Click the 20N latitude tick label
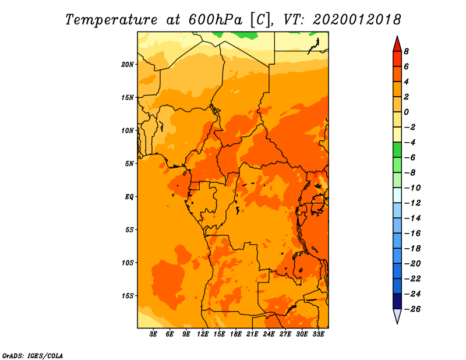point(128,65)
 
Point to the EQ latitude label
point(129,197)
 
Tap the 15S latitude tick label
point(128,296)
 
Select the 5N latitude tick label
point(129,164)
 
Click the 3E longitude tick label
point(153,334)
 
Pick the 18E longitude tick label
point(236,334)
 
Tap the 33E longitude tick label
point(318,334)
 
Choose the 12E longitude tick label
point(203,334)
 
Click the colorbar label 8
point(406,51)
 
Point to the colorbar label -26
point(412,309)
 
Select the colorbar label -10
point(412,188)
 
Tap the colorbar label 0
point(406,112)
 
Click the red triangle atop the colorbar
point(397,45)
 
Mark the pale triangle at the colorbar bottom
point(397,315)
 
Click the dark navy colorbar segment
point(397,301)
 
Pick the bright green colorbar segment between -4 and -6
point(397,150)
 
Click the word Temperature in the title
point(111,20)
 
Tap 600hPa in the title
point(211,20)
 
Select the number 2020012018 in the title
point(356,20)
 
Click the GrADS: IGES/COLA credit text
point(33,356)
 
